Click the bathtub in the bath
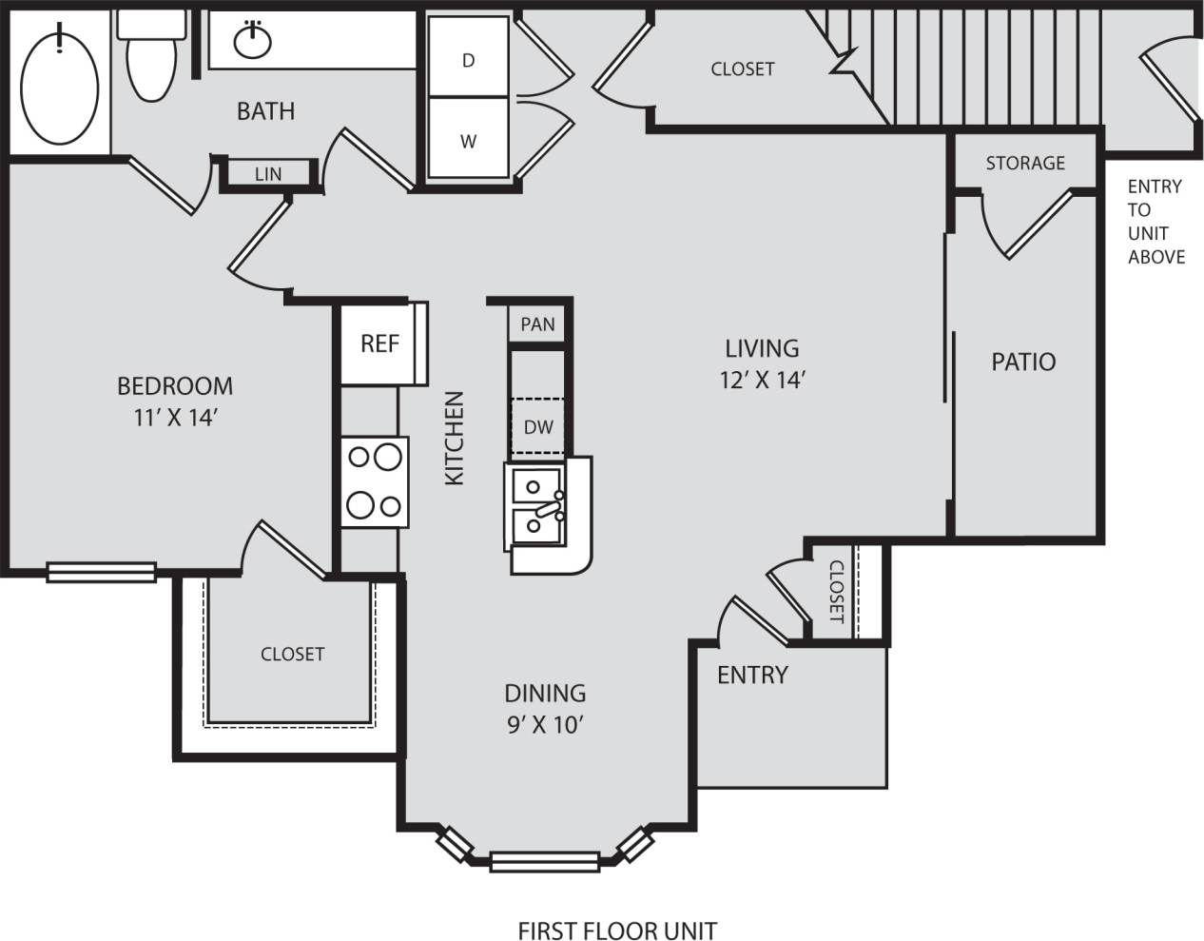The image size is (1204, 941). point(60,85)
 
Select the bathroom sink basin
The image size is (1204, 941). point(253,41)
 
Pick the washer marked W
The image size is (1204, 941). point(468,141)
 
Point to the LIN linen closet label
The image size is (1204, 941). point(268,174)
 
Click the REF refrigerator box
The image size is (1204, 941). point(379,343)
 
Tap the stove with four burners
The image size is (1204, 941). point(376,481)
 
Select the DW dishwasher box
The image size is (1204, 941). point(538,427)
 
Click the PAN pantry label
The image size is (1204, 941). point(537,323)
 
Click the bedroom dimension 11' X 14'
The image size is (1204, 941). point(175,417)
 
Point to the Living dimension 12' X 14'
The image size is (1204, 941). point(763,380)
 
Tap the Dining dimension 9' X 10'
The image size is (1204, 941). point(544,725)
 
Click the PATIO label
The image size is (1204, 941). point(1023,362)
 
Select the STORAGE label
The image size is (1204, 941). point(1025,163)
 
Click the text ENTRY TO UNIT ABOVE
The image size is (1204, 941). point(1155,222)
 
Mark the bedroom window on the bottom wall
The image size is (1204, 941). point(101,572)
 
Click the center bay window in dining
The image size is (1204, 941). point(545,862)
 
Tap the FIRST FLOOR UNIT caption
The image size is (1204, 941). point(617,930)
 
